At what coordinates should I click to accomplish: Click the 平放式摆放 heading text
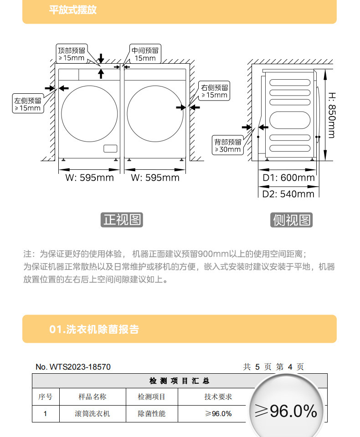(x=73, y=10)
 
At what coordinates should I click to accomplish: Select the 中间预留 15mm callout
(x=145, y=54)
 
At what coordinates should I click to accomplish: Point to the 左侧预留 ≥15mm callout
(x=28, y=104)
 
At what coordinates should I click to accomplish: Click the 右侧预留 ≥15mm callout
(x=215, y=91)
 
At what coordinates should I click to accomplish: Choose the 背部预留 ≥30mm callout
(x=228, y=145)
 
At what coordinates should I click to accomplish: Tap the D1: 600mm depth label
(x=288, y=178)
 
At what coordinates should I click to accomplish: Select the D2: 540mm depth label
(x=288, y=194)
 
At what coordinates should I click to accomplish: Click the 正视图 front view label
(x=122, y=220)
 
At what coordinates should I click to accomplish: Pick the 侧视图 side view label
(x=292, y=220)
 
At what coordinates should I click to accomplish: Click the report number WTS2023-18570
(x=73, y=367)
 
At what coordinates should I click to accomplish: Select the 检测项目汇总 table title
(x=180, y=381)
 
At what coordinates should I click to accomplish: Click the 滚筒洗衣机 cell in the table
(x=93, y=414)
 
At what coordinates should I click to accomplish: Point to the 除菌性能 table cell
(x=152, y=414)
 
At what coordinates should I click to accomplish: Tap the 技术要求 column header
(x=218, y=397)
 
